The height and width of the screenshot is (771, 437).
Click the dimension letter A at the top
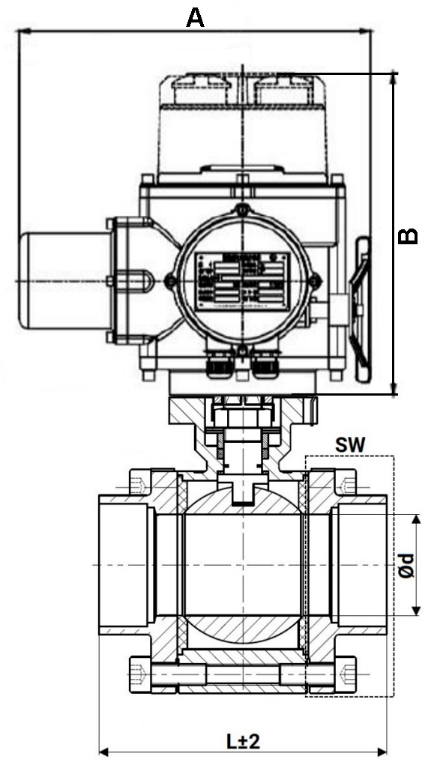click(195, 17)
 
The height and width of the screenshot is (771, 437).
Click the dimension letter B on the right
click(408, 235)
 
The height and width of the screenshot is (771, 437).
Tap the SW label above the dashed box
click(350, 445)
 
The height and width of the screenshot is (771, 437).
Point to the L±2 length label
click(243, 741)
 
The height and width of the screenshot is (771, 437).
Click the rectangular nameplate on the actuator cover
click(241, 281)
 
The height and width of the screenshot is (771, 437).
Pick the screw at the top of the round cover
click(241, 211)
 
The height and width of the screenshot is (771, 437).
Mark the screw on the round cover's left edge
click(172, 281)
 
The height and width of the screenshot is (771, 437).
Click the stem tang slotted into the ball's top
click(241, 490)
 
